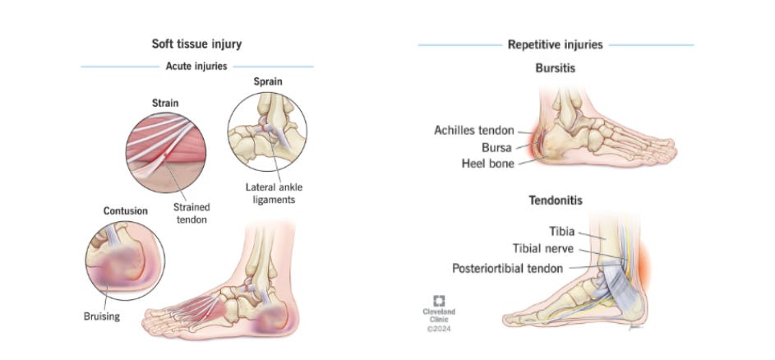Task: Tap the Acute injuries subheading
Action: (x=196, y=66)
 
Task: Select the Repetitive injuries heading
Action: (x=556, y=44)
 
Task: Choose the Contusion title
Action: (x=125, y=211)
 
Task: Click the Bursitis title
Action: (x=556, y=68)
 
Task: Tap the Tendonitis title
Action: (x=556, y=200)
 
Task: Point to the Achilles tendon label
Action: (x=474, y=130)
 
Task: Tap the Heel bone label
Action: (x=488, y=164)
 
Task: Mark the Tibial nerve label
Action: (x=543, y=250)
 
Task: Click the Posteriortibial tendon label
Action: (x=508, y=268)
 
